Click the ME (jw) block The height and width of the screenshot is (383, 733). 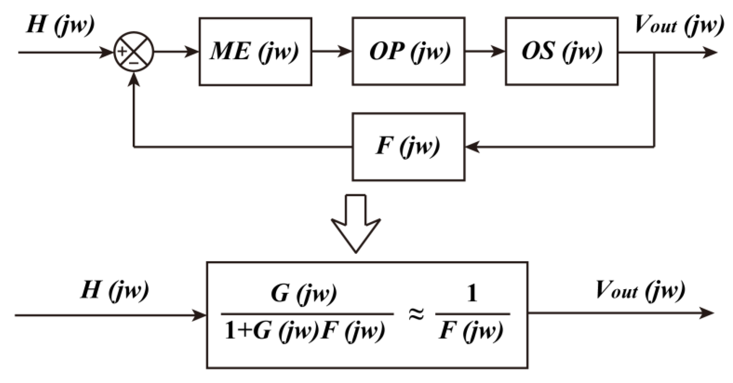(255, 51)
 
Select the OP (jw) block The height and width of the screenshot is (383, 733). (408, 51)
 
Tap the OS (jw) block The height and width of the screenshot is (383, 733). (562, 51)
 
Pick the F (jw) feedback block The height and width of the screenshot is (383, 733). (408, 147)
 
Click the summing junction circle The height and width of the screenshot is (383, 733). (134, 52)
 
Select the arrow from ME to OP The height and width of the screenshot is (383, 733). (332, 51)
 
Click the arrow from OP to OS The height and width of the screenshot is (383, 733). (485, 51)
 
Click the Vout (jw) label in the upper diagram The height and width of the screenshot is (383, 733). (679, 25)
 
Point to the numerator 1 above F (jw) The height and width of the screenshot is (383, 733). (472, 294)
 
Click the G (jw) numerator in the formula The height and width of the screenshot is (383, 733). (304, 294)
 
